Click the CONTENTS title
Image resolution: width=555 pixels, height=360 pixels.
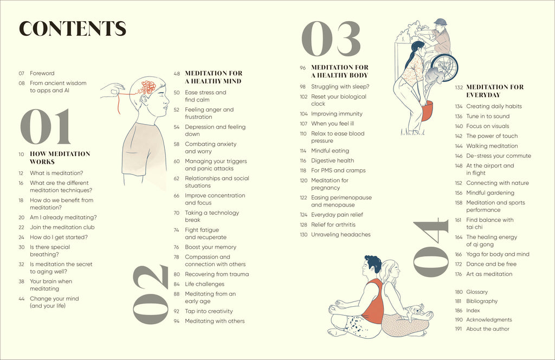72,29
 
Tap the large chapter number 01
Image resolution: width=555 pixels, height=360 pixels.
46,126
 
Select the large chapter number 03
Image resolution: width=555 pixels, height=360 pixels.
331,40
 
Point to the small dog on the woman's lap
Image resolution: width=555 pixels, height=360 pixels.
416,311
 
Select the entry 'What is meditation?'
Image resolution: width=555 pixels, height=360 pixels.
56,173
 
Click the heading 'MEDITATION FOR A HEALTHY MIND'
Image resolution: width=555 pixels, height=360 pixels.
214,77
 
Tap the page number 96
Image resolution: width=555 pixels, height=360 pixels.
303,68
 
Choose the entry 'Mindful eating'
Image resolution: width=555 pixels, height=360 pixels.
330,151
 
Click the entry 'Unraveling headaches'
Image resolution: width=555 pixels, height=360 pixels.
340,234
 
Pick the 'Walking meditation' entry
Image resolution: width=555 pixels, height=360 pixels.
492,146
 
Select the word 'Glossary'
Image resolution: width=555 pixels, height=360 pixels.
477,292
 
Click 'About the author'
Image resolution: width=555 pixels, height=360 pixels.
488,329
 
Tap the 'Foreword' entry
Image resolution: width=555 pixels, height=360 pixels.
42,73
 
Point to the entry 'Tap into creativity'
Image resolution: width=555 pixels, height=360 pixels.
209,311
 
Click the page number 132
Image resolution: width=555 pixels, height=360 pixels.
459,87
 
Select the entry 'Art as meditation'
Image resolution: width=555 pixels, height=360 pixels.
489,274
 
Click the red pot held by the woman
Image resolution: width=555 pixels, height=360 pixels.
428,112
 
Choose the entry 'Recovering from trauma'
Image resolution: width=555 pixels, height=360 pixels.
217,274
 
